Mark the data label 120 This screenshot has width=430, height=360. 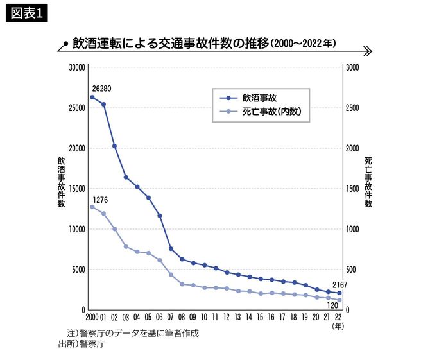332,305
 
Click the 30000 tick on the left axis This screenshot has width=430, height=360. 77,67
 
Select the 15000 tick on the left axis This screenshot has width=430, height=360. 77,189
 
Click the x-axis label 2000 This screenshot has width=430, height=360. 93,317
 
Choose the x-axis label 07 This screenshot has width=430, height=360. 171,317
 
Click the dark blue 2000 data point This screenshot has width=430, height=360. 92,97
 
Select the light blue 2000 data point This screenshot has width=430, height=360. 92,207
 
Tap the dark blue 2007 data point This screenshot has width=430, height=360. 171,249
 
